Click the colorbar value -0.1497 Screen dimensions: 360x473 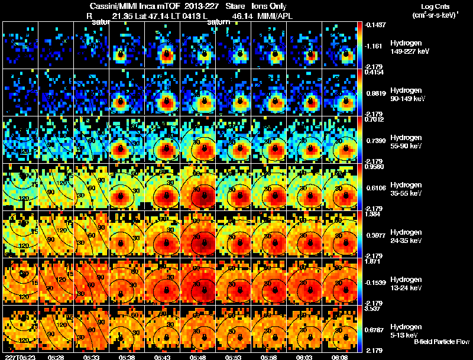[x=375, y=24]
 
